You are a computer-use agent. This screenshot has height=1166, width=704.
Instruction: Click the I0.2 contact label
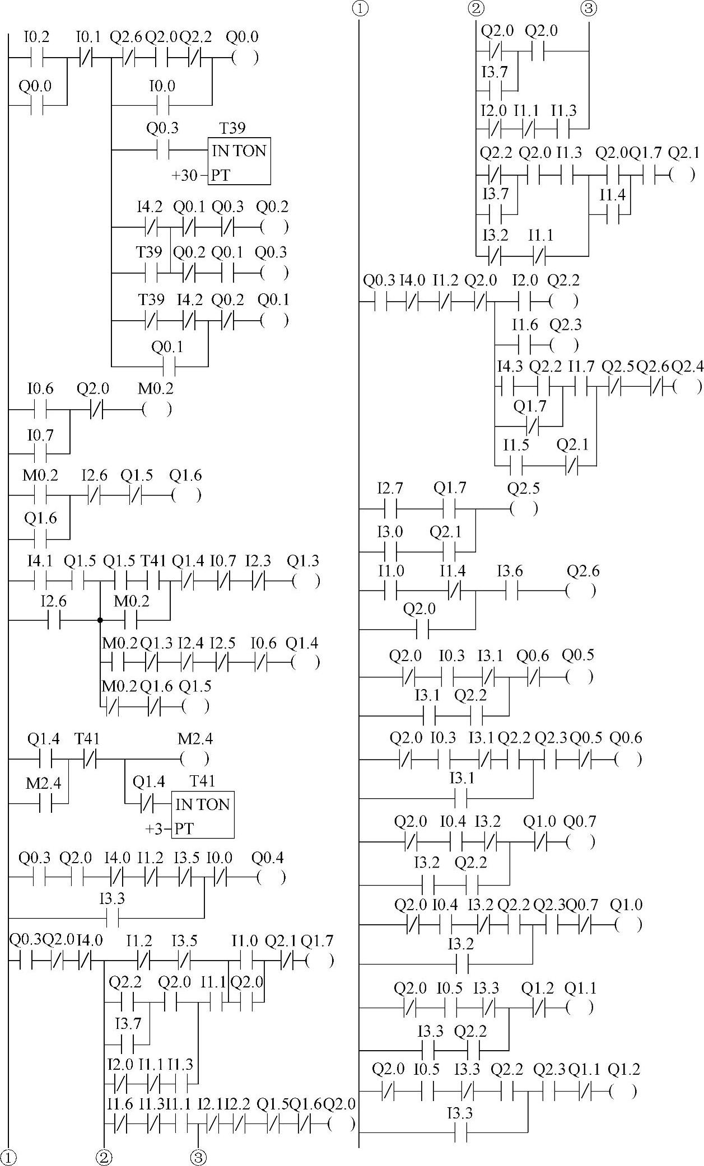pyautogui.click(x=36, y=38)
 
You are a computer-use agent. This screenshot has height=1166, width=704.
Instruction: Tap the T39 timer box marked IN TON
pyautogui.click(x=239, y=161)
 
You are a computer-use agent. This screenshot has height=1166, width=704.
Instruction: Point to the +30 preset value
pyautogui.click(x=185, y=175)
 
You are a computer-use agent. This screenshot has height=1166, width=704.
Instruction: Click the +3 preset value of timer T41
pyautogui.click(x=155, y=828)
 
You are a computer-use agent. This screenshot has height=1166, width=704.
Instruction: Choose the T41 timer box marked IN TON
pyautogui.click(x=203, y=814)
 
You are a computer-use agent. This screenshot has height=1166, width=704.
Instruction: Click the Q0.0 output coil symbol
pyautogui.click(x=245, y=58)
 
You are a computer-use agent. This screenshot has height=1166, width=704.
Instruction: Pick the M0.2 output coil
pyautogui.click(x=157, y=410)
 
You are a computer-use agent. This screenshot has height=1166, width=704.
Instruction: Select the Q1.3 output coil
pyautogui.click(x=306, y=581)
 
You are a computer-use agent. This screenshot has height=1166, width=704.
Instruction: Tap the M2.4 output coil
pyautogui.click(x=195, y=759)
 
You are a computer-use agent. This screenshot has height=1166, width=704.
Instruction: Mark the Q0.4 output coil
pyautogui.click(x=271, y=877)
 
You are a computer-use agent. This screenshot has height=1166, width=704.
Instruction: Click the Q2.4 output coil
pyautogui.click(x=687, y=387)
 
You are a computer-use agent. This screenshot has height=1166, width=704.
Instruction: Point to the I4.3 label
pyautogui.click(x=510, y=367)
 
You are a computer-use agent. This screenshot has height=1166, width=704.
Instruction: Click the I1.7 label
pyautogui.click(x=581, y=367)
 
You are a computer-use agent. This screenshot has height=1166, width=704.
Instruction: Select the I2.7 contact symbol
pyautogui.click(x=390, y=509)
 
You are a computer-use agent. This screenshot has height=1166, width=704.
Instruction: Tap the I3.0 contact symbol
pyautogui.click(x=390, y=552)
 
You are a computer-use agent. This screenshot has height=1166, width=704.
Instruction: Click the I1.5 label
pyautogui.click(x=516, y=445)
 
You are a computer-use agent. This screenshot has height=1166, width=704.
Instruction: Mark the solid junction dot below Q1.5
pyautogui.click(x=100, y=620)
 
